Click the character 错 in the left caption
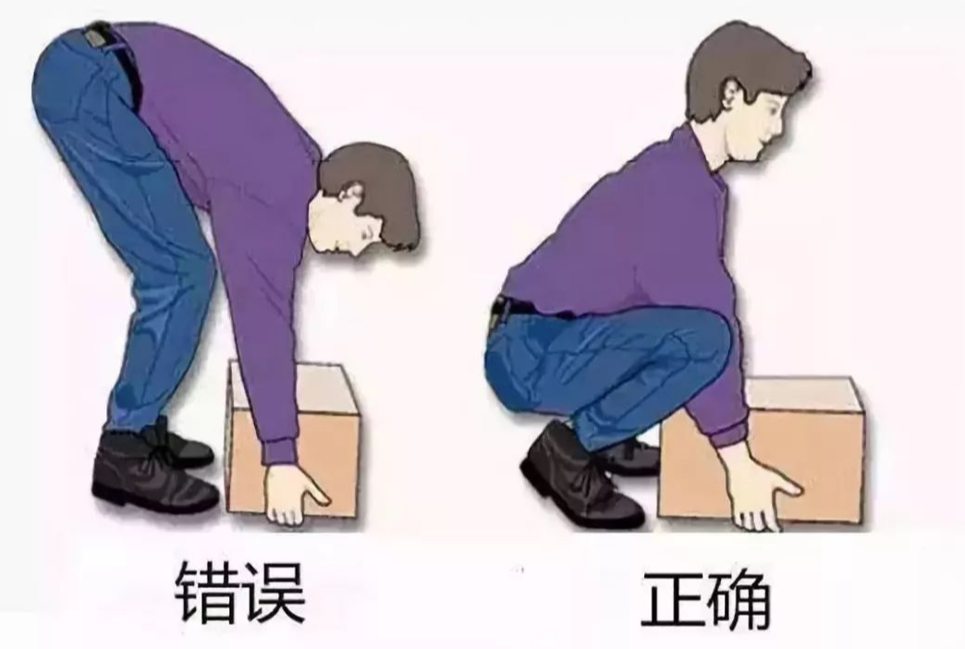pyautogui.click(x=206, y=591)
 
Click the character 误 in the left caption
pyautogui.click(x=274, y=591)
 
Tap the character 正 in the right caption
pyautogui.click(x=671, y=598)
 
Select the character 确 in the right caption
pyautogui.click(x=739, y=598)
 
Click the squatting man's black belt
pyautogui.click(x=530, y=306)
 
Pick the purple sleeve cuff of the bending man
pyautogui.click(x=280, y=453)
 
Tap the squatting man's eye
pyautogui.click(x=774, y=102)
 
